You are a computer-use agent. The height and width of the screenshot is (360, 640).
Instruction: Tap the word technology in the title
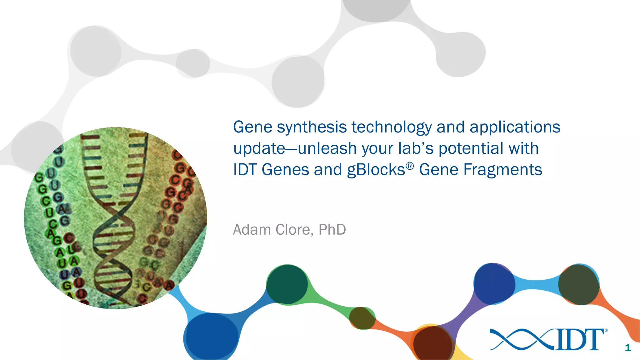click(x=392, y=127)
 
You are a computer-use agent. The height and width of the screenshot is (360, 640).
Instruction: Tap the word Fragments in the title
click(x=502, y=170)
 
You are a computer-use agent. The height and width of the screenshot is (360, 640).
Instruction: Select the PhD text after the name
click(x=332, y=230)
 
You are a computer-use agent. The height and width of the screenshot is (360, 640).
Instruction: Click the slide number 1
click(x=628, y=347)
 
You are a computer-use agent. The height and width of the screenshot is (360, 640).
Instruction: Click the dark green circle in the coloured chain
click(x=287, y=284)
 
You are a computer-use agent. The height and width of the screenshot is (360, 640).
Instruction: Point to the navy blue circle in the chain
click(x=494, y=283)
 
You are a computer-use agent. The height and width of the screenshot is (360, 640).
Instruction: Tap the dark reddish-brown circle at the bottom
click(x=432, y=343)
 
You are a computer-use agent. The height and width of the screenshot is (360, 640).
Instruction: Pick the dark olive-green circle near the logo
click(x=578, y=284)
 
